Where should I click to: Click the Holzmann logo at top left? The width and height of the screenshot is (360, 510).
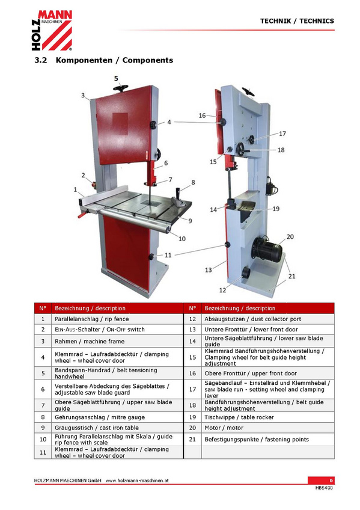pos(52,30)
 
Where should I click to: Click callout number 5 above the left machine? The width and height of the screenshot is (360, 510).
pos(116,78)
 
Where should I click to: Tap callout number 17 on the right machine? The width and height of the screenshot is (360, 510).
pos(282,134)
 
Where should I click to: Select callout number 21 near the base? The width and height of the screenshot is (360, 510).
pos(291,276)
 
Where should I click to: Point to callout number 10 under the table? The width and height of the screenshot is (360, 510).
pos(182,239)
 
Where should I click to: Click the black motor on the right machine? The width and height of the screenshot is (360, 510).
pos(267,249)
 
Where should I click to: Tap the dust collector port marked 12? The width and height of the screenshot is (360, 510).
pos(246,272)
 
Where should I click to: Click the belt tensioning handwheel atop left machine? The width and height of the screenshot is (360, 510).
pos(121,88)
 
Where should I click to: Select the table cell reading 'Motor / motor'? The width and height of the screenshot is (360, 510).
pos(268,428)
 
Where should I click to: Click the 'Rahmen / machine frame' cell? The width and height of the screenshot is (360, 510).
pos(117,341)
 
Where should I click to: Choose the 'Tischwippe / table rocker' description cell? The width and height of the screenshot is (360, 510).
pos(268,417)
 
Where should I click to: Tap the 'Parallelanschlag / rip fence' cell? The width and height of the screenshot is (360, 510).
pos(117,319)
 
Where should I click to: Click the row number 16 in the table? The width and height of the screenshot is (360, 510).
pos(192,373)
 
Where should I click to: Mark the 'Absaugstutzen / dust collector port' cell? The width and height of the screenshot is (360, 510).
pos(268,319)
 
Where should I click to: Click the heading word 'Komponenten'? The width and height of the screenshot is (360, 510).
pos(84,61)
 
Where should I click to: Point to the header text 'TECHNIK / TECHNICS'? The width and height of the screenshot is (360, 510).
pos(297,21)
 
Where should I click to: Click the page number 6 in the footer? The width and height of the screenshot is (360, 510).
pos(331,481)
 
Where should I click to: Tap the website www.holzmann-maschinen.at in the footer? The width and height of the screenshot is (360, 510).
pos(137,481)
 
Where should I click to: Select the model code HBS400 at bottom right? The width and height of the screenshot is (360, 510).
pos(324,488)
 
